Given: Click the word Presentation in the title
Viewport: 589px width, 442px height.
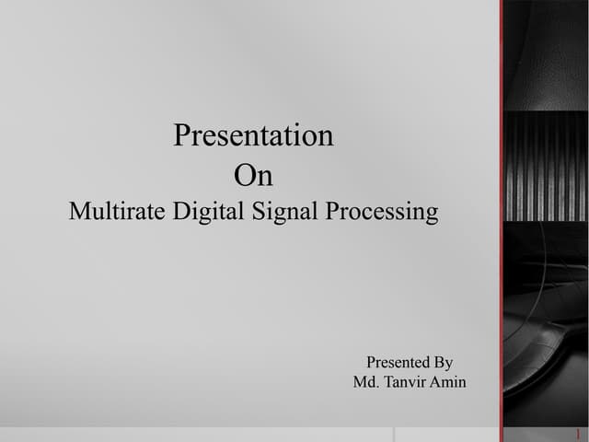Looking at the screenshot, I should coord(253,136).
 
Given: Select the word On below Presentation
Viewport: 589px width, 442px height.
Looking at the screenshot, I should coord(253,175).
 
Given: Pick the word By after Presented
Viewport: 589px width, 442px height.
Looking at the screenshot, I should coord(443,362).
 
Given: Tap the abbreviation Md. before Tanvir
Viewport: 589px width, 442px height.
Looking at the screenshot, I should coord(365,382).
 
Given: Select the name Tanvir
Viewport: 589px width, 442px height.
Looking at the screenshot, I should coord(406,382).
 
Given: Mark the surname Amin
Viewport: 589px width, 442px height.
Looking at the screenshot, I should coord(449,382).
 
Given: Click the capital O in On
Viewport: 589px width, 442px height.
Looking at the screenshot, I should coord(244,175).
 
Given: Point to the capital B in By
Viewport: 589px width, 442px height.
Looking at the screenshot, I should coord(438,362).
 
